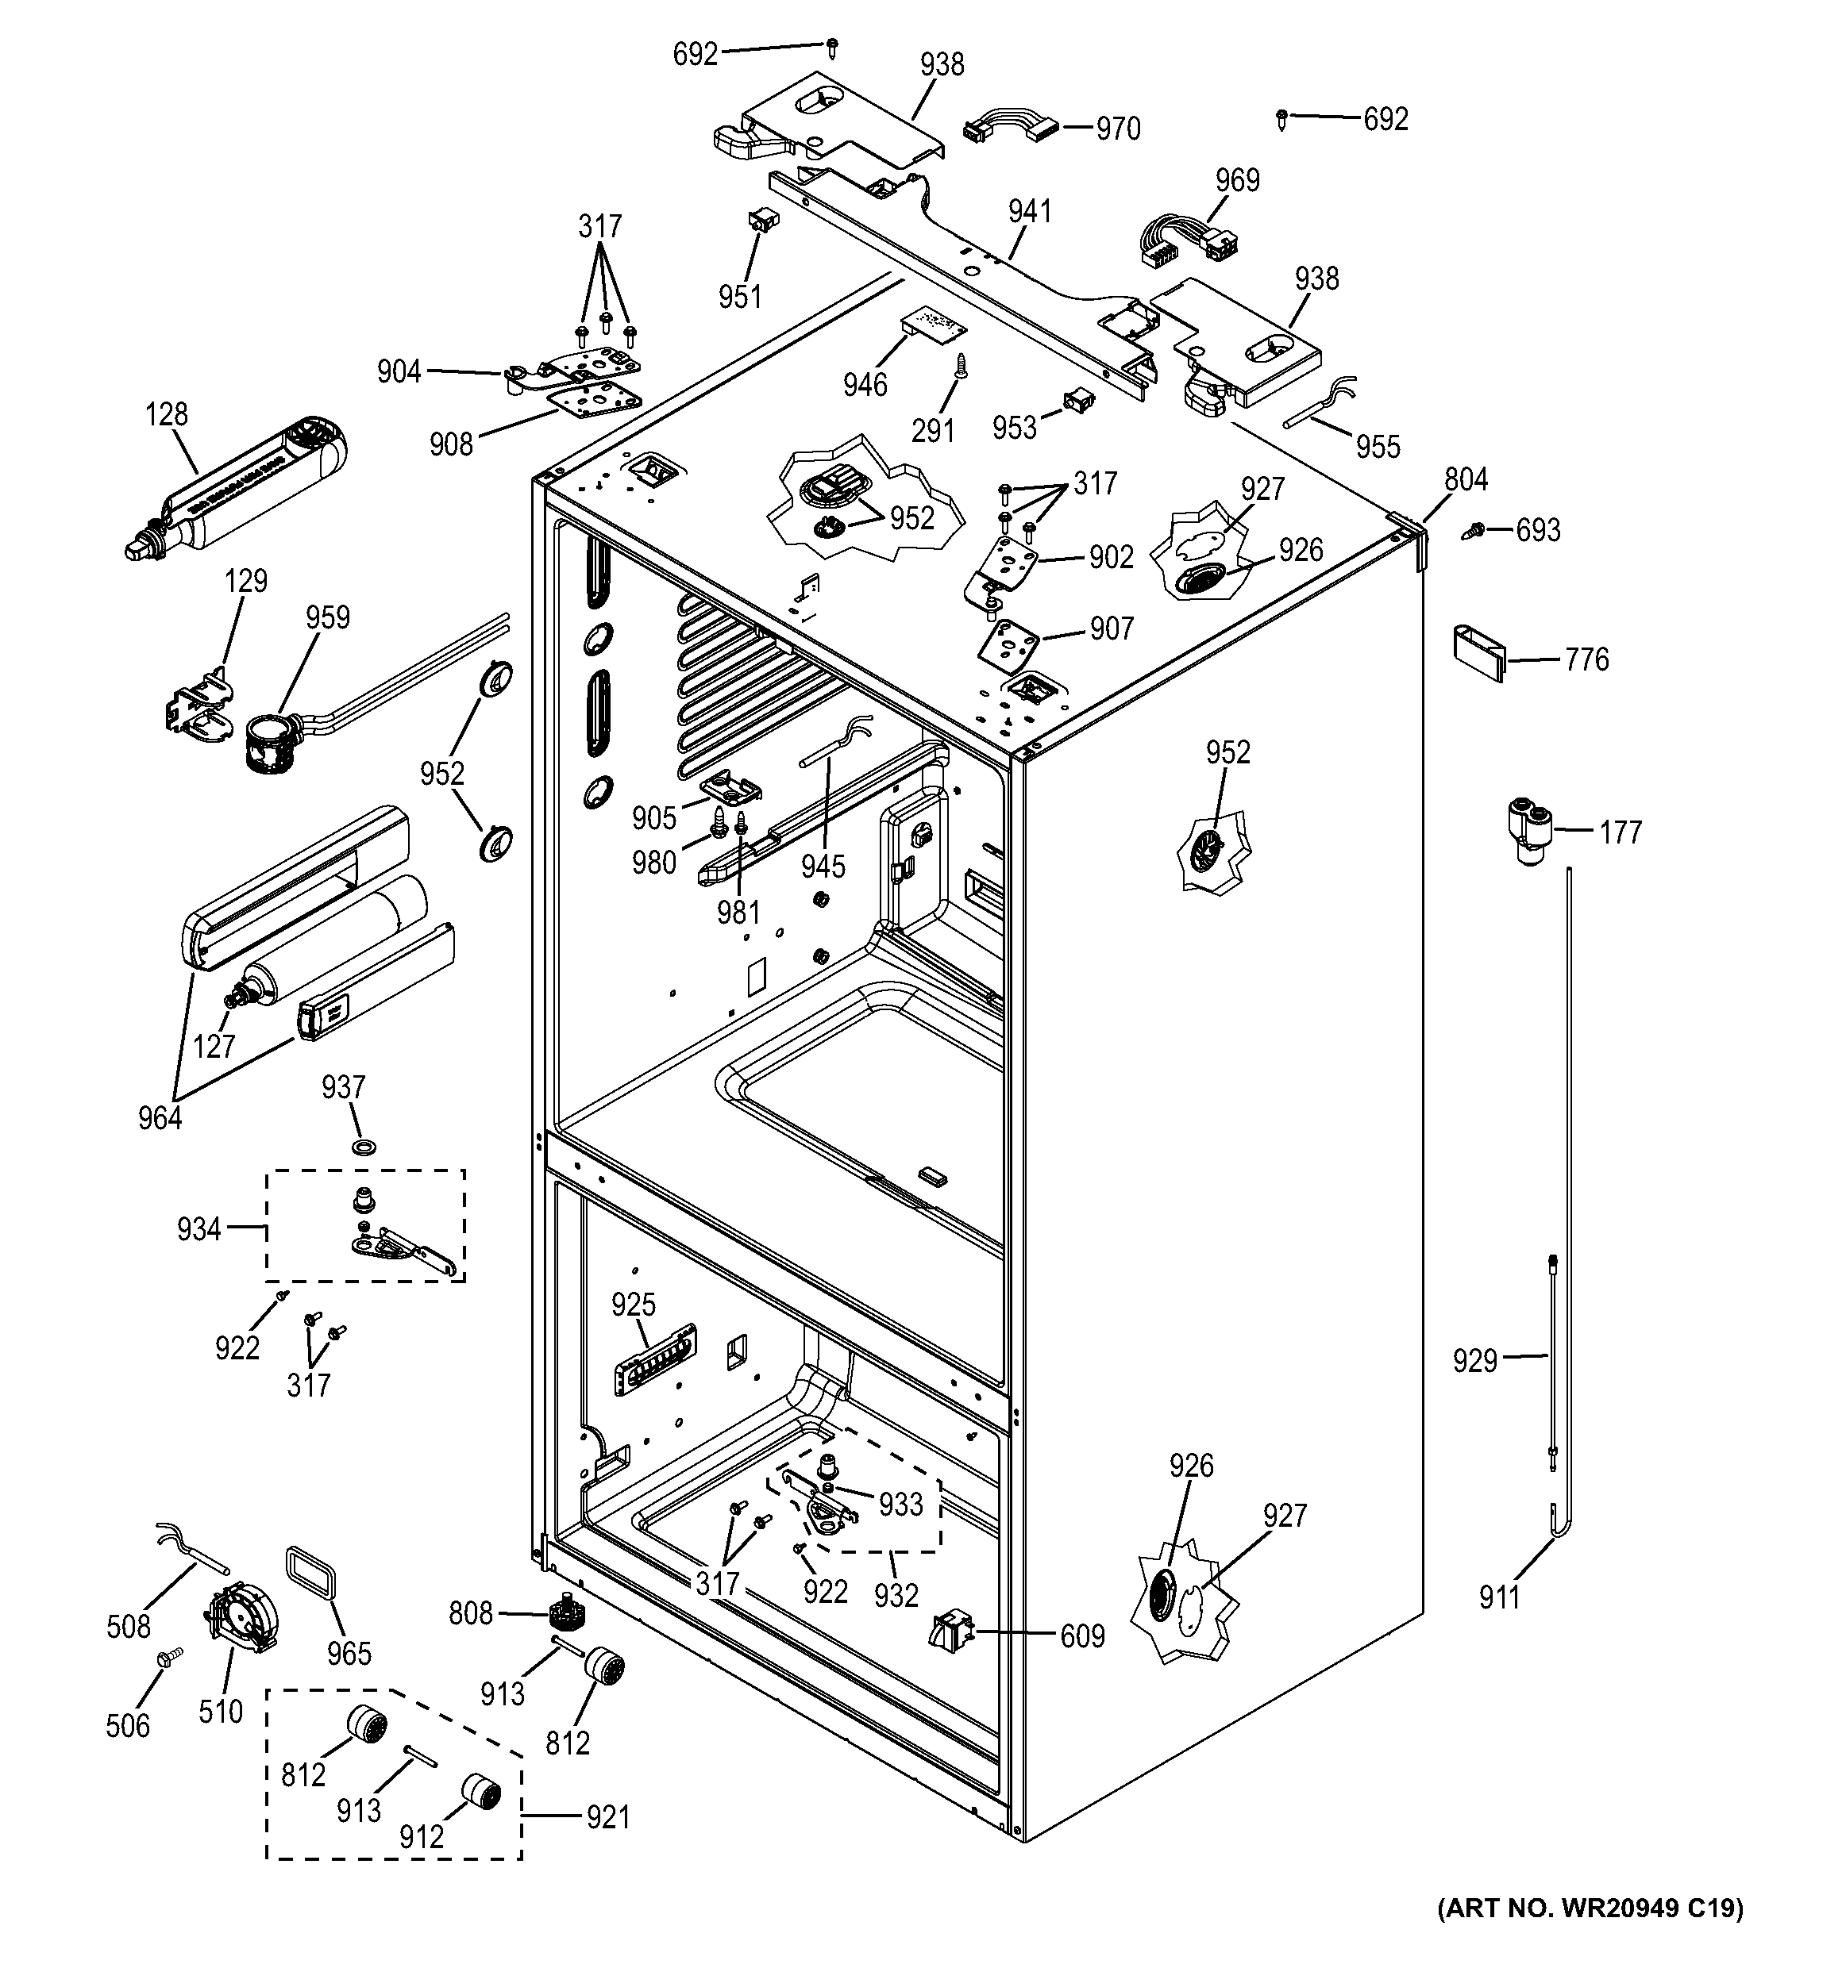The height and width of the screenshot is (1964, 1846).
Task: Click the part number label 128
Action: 166,414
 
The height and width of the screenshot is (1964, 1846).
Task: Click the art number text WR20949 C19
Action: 1590,1935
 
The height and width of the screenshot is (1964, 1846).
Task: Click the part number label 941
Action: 1030,211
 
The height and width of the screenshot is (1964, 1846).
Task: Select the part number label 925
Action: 634,1305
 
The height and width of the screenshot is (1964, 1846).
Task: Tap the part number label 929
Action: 1474,1362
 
